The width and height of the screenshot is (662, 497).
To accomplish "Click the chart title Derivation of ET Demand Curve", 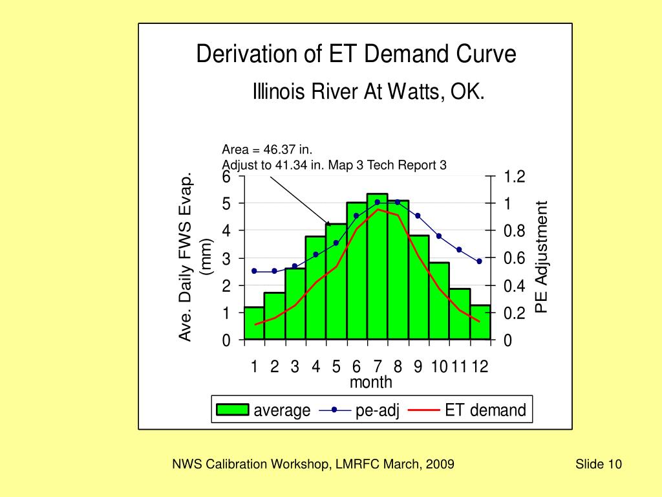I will pyautogui.click(x=356, y=54).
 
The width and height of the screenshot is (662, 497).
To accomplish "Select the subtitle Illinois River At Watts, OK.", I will pyautogui.click(x=368, y=93).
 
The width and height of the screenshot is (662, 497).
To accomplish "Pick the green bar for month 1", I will pyautogui.click(x=254, y=323).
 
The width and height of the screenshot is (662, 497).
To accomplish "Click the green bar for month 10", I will pyautogui.click(x=438, y=301).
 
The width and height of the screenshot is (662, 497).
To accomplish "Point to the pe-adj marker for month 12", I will pyautogui.click(x=479, y=261).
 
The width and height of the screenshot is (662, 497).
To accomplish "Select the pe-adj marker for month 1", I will pyautogui.click(x=254, y=271).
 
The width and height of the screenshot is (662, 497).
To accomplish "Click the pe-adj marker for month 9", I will pyautogui.click(x=418, y=215).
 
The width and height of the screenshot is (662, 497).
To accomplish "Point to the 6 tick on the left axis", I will pyautogui.click(x=226, y=177).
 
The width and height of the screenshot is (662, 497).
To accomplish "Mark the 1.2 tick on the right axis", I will pyautogui.click(x=515, y=177).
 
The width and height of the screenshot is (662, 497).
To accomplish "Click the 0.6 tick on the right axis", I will pyautogui.click(x=515, y=258).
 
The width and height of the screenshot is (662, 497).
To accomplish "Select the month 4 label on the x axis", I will pyautogui.click(x=315, y=367).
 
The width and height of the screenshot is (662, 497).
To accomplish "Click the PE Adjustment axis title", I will pyautogui.click(x=542, y=257).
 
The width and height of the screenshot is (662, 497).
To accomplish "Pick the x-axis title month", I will pyautogui.click(x=370, y=382).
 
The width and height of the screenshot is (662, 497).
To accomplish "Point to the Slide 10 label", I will pyautogui.click(x=598, y=464).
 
